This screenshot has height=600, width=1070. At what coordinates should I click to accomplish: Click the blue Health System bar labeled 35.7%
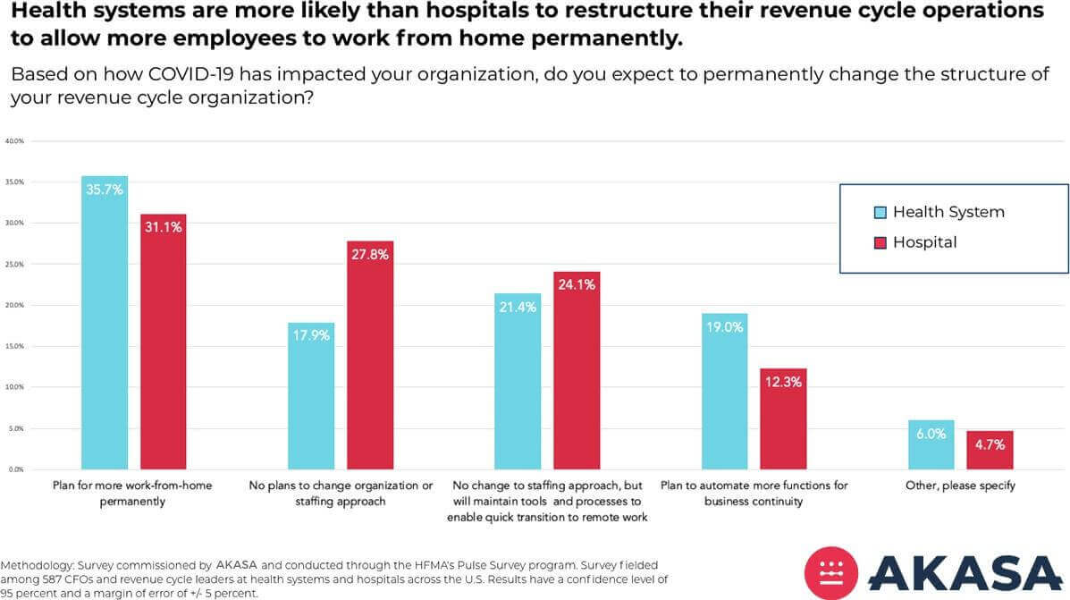(104, 322)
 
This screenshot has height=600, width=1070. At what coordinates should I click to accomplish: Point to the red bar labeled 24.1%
(576, 370)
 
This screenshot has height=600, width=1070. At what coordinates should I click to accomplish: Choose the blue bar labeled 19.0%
(724, 391)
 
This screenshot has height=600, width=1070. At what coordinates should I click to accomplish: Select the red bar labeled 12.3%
(783, 418)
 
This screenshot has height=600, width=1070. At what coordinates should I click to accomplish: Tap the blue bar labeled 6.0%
(931, 444)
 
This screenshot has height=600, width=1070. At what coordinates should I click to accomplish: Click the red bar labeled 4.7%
(990, 450)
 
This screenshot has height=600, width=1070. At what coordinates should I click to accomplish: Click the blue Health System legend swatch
(880, 213)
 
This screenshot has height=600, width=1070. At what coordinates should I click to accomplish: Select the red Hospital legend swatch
(880, 243)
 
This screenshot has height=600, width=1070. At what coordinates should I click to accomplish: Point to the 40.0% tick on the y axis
(14, 141)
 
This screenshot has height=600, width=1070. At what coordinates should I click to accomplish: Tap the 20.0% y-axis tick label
(14, 305)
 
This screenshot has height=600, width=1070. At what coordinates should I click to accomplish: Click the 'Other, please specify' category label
(960, 486)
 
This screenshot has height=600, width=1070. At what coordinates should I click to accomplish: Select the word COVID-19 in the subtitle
(218, 74)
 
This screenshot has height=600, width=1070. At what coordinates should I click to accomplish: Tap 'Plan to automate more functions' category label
(754, 486)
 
